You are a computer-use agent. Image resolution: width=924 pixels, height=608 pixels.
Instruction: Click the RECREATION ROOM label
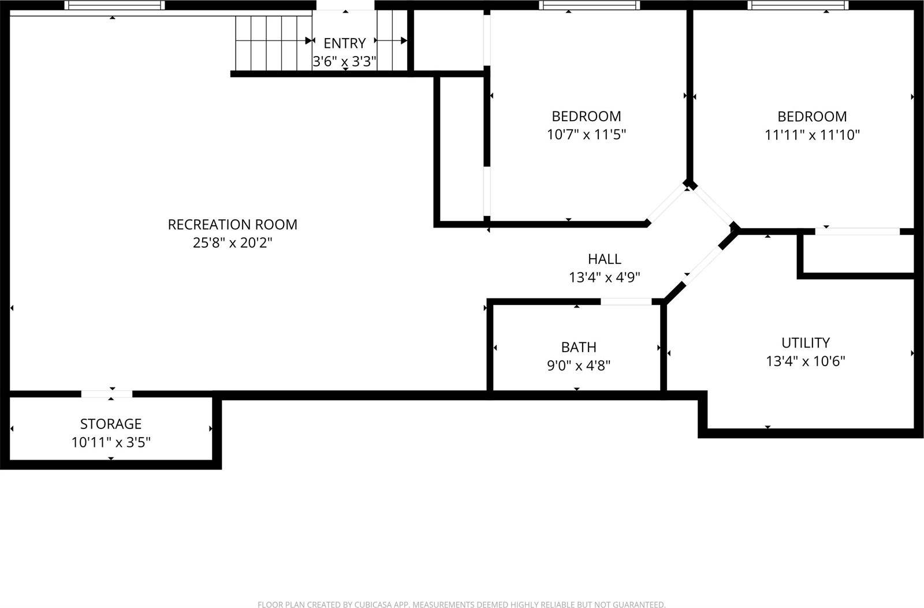point(232,224)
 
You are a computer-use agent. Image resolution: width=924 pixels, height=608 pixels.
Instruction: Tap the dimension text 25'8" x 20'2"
point(232,243)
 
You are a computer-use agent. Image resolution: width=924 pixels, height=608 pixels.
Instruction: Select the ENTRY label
point(344,43)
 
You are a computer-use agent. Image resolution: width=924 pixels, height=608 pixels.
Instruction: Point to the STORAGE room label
point(111,424)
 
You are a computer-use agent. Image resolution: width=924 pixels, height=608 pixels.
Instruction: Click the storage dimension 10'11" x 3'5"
point(111,442)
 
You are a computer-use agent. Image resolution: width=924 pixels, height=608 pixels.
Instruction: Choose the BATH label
point(579,347)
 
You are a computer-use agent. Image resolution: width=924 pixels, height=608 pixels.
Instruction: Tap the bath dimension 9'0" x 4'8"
point(579,365)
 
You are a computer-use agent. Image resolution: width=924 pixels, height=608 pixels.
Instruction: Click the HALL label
point(605,259)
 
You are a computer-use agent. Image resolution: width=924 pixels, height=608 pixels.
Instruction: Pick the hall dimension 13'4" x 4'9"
point(605,277)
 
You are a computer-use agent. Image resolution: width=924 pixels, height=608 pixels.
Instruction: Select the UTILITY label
point(806,342)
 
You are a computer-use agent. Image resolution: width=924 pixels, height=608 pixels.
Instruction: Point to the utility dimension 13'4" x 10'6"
point(806,361)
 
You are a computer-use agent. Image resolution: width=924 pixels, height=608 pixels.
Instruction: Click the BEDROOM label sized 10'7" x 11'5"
point(586,116)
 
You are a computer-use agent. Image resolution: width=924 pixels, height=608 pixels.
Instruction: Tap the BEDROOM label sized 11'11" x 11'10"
point(812,116)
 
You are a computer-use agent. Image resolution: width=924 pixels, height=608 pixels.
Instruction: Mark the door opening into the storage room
point(107,394)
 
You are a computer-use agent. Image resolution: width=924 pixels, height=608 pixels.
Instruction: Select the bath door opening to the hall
point(626,301)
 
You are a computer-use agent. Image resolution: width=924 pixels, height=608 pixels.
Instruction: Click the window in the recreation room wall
point(114,5)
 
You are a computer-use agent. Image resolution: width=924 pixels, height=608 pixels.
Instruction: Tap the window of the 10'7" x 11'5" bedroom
point(590,5)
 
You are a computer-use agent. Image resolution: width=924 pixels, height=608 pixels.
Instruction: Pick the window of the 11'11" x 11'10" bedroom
point(798,5)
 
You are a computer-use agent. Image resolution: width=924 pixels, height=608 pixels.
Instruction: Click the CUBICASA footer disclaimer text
point(461,604)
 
